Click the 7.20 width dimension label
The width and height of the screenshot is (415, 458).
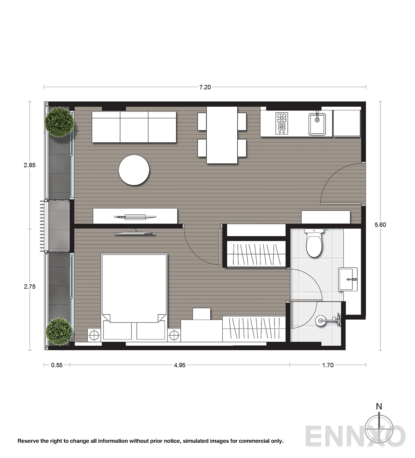pos(205,87)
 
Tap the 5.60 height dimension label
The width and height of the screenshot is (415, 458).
pos(380,225)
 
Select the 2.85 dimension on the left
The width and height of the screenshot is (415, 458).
pos(29,165)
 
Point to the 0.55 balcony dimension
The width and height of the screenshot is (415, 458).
pos(57,365)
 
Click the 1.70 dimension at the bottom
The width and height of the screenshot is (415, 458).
pos(328,365)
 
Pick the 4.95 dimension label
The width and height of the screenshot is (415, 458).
pos(180,365)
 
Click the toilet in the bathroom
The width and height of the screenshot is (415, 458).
pos(314,243)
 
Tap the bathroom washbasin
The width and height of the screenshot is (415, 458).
pos(348,279)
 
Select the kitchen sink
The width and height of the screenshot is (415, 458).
pos(317,124)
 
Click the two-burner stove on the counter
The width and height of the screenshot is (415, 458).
pos(281,123)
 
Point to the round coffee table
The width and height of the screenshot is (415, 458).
pos(134,170)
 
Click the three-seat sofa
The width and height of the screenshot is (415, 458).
pos(134,127)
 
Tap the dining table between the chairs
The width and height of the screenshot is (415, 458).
pos(222,135)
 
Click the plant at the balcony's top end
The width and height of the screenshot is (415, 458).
pos(59,122)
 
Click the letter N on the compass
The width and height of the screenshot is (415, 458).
pos(379,406)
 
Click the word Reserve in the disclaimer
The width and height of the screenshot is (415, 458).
pos(28,441)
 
